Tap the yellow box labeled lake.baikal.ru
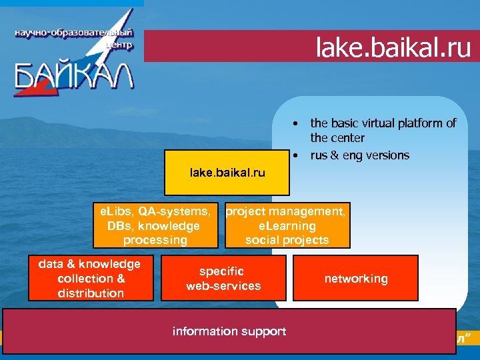227,173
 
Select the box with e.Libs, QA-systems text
155,225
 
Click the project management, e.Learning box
287,225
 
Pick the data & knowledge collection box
91,279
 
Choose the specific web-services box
223,279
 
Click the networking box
356,279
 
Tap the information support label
229,331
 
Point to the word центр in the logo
119,45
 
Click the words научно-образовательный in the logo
73,33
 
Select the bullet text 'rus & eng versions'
360,155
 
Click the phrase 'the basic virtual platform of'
383,123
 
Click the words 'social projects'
287,240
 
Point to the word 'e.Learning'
287,226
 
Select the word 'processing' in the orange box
155,240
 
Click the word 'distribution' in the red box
91,293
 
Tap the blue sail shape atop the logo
120,20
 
